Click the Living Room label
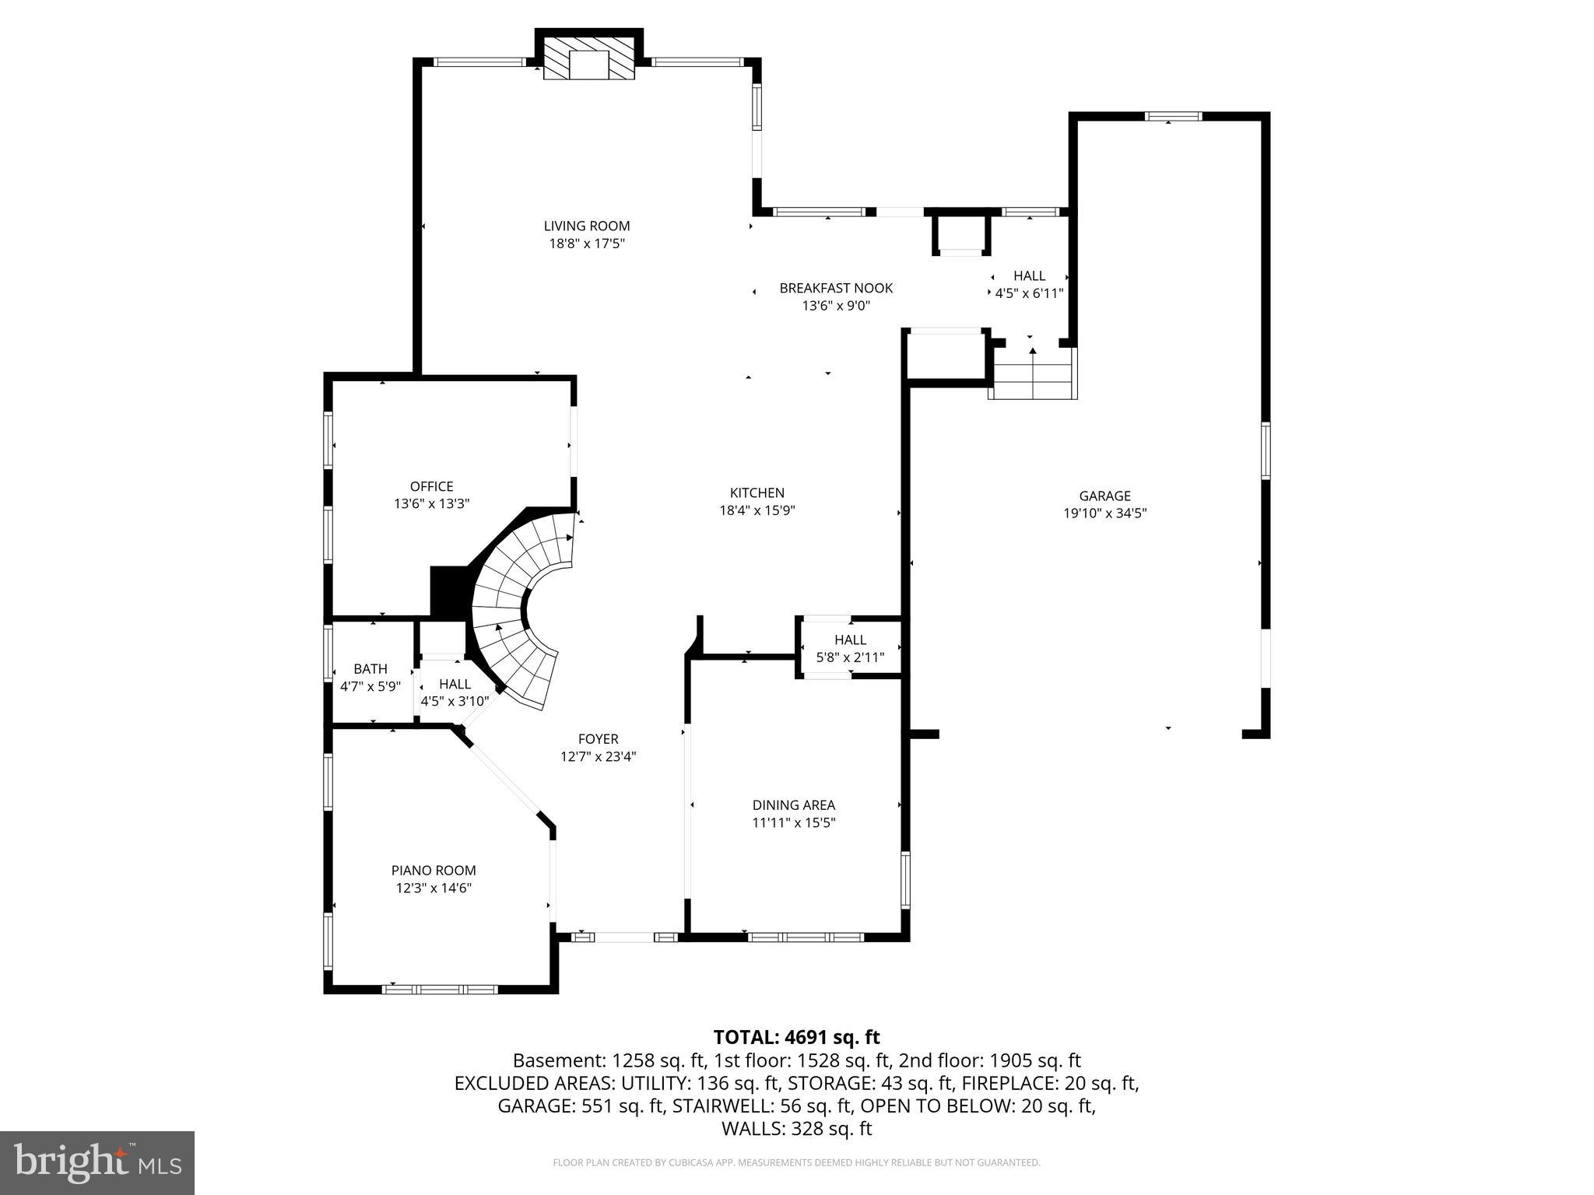tap(586, 226)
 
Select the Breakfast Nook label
tap(836, 289)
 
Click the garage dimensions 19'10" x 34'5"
tap(1104, 513)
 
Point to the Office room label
tap(431, 487)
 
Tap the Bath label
tap(370, 669)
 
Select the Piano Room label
tap(434, 871)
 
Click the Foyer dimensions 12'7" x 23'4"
tap(598, 756)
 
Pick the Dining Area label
tap(793, 805)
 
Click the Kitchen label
tap(757, 493)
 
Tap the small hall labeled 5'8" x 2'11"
tap(850, 649)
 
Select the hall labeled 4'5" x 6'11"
tap(1029, 284)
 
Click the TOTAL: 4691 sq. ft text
tap(796, 1037)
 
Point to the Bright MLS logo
tap(97, 1162)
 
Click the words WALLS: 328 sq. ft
tap(796, 1129)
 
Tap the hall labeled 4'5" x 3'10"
tap(455, 692)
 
